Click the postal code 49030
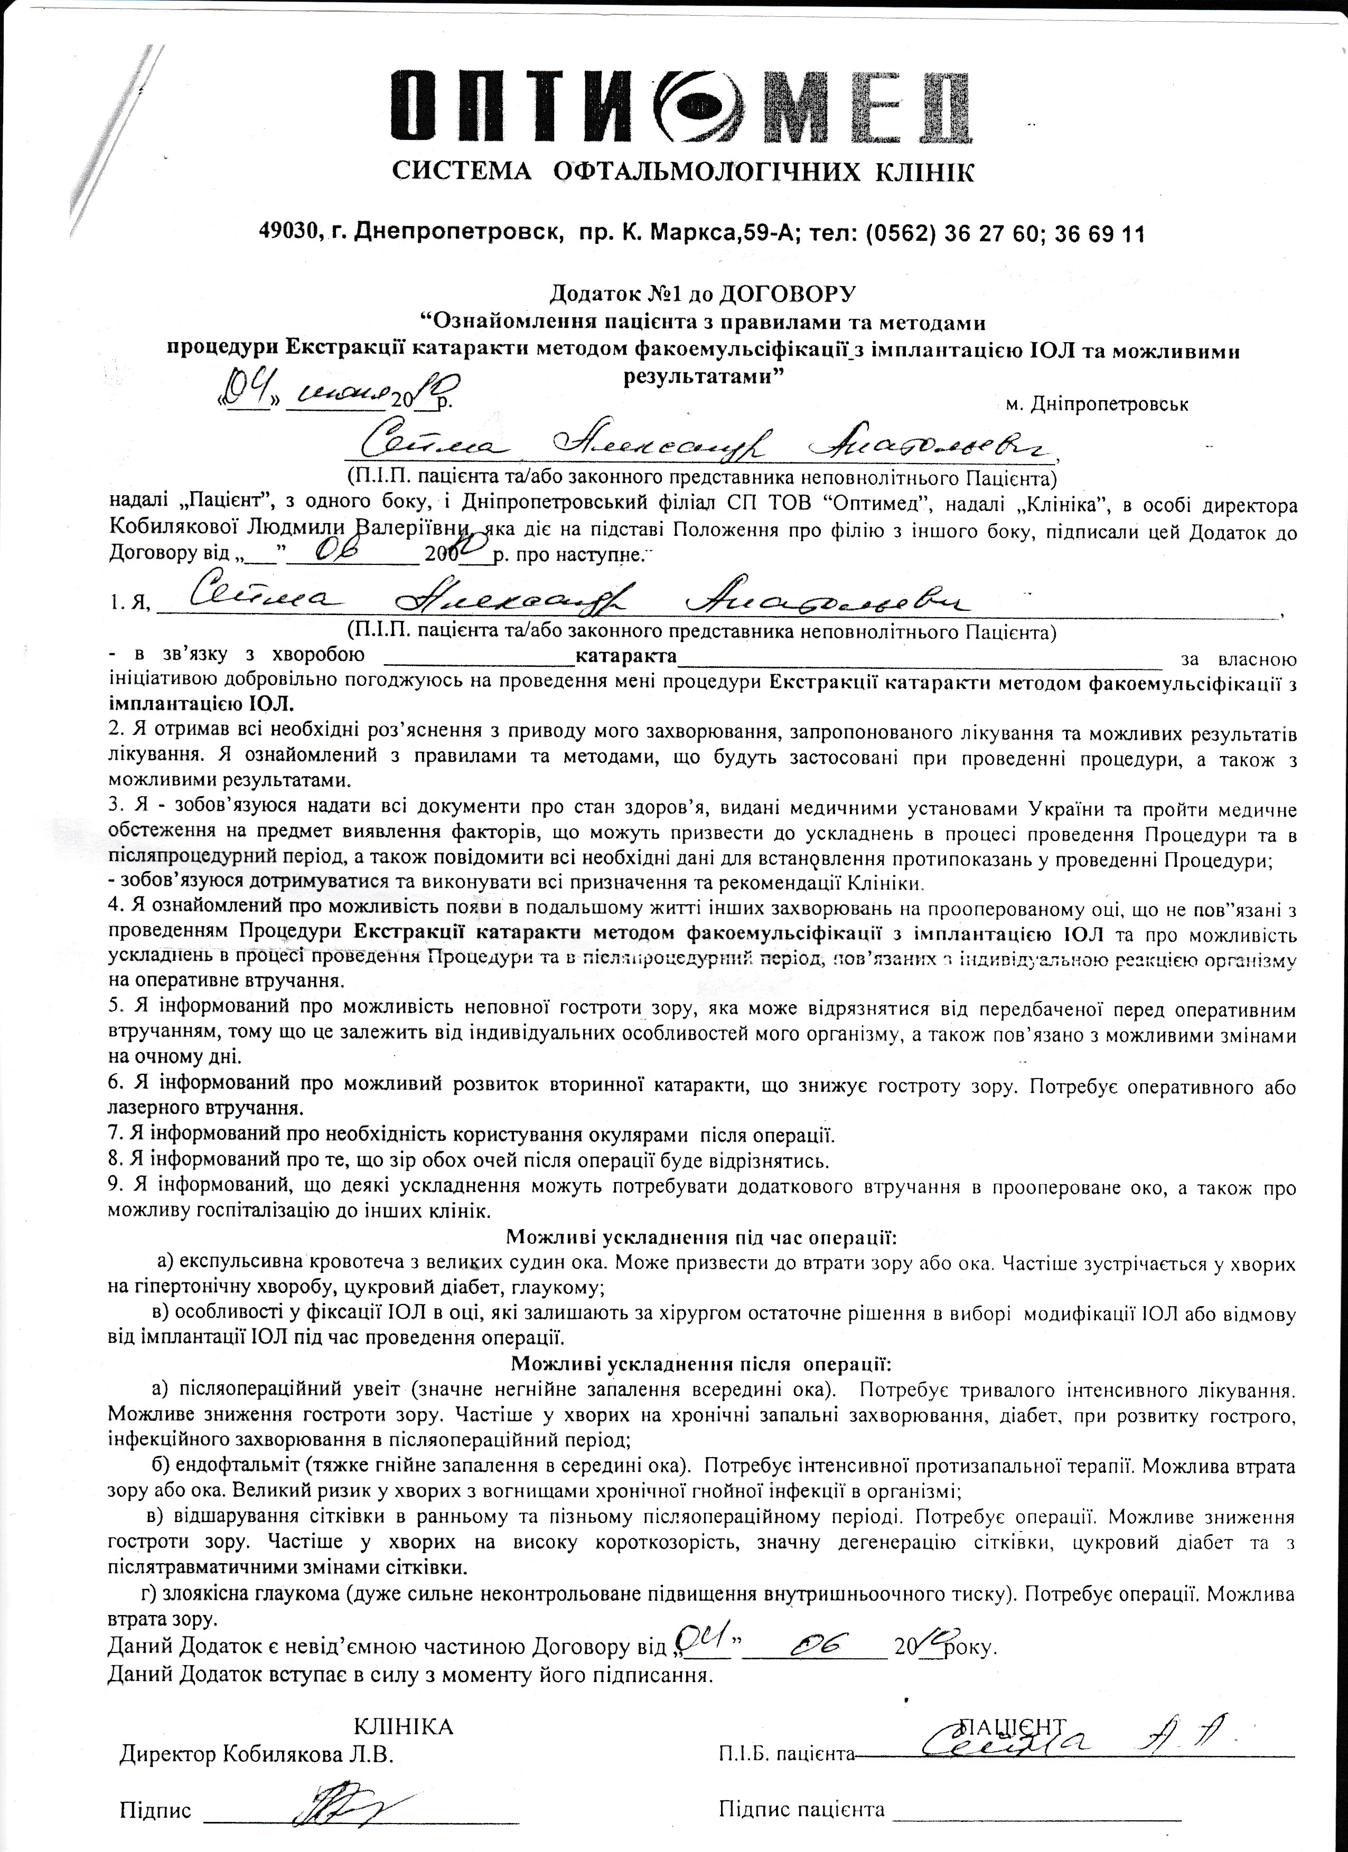pos(291,234)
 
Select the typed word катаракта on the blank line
pos(626,657)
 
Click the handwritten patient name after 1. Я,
pos(572,602)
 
